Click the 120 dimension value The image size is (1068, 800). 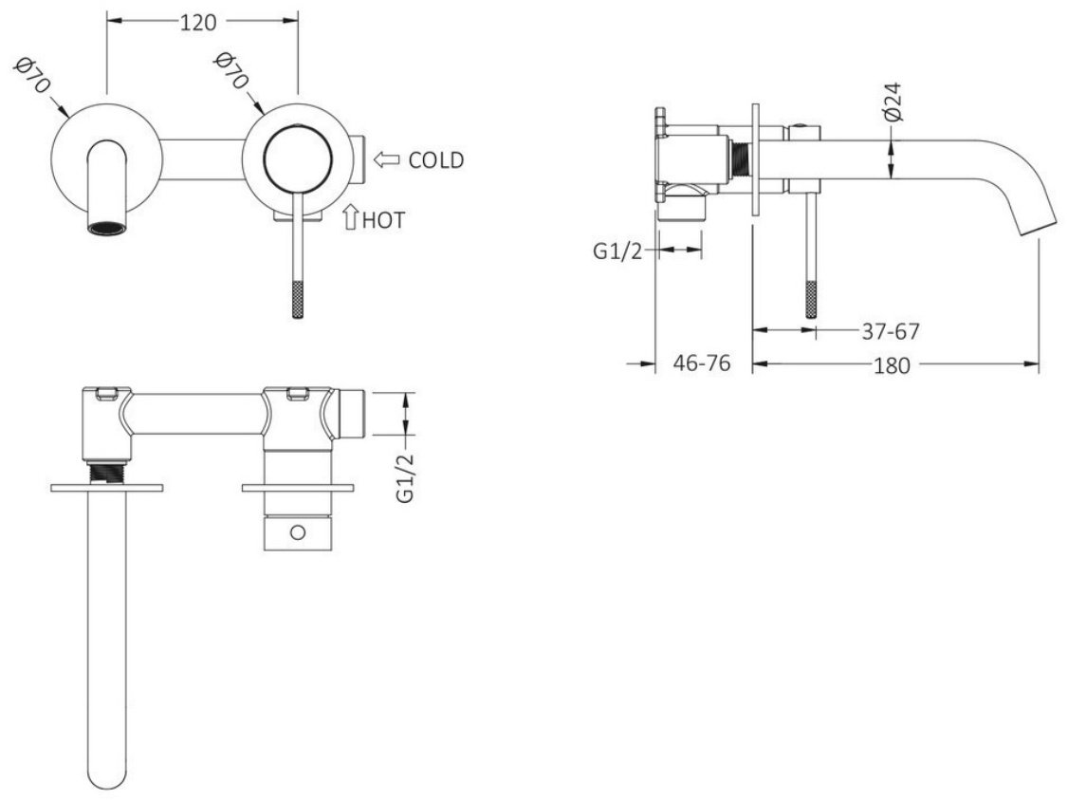198,22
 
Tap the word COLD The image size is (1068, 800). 436,160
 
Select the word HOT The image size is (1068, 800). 383,220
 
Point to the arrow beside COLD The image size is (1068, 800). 386,160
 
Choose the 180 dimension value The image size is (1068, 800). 892,366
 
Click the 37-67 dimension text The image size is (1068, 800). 891,332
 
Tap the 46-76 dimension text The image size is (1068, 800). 702,363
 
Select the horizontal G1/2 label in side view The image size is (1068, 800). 617,251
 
